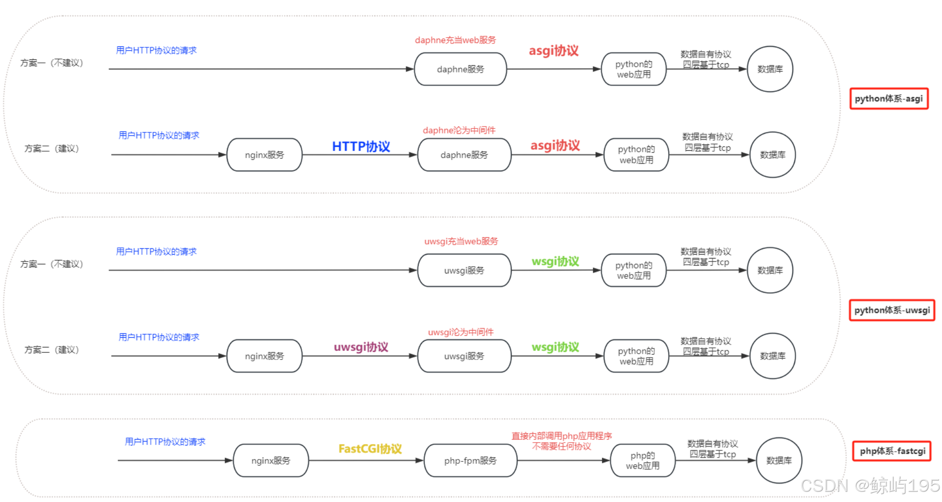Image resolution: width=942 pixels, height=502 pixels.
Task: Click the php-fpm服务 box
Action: [470, 460]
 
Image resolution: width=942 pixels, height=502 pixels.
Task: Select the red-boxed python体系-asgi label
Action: [888, 99]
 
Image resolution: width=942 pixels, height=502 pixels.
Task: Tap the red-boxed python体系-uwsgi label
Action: [892, 310]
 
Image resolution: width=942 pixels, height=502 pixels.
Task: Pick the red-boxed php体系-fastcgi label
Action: [892, 451]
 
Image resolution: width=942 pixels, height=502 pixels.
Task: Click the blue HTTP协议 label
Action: [361, 146]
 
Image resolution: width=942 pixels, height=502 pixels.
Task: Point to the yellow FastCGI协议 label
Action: [370, 449]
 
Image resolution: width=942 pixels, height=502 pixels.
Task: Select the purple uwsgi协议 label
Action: [361, 347]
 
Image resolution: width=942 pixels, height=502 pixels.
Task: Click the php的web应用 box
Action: [642, 460]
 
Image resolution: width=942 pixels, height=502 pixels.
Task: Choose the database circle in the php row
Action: [779, 460]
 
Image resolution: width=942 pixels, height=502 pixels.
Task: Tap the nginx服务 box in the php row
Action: [270, 460]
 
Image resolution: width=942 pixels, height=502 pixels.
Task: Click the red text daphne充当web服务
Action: [455, 40]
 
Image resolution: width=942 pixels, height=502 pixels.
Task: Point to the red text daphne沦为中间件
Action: [459, 130]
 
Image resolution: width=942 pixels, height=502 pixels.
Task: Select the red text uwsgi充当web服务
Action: [461, 241]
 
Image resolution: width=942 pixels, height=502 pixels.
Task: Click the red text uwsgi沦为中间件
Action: [461, 332]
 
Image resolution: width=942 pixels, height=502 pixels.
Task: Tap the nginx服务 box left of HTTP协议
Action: [264, 155]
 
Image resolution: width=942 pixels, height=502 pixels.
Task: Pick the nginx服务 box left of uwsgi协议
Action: [264, 356]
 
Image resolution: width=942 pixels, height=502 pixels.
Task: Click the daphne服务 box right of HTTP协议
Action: [464, 155]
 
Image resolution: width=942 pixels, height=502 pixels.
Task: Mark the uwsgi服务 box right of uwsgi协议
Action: [464, 356]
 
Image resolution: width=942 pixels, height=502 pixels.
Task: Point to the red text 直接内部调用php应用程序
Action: [562, 436]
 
